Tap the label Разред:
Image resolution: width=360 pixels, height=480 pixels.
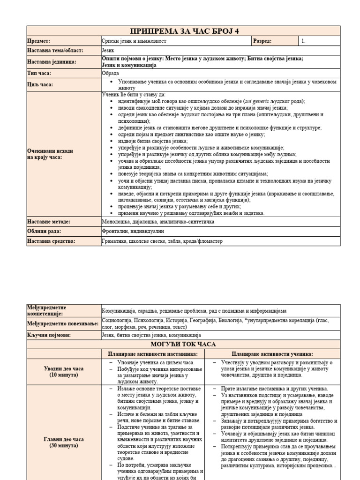tap(262, 41)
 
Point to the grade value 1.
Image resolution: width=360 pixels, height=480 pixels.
tap(304, 41)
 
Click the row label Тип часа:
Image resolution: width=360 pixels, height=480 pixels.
tap(39, 73)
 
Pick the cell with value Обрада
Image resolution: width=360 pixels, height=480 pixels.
tap(111, 73)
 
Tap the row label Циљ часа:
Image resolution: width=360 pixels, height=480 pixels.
tap(40, 84)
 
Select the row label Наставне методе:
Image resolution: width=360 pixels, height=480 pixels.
tap(49, 221)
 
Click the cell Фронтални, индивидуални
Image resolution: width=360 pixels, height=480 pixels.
tap(133, 231)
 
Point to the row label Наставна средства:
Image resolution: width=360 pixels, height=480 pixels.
tap(51, 241)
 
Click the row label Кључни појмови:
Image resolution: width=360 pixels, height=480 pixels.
tap(47, 335)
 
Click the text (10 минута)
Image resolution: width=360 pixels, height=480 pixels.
tap(64, 375)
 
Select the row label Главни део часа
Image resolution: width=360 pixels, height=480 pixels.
tap(64, 439)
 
